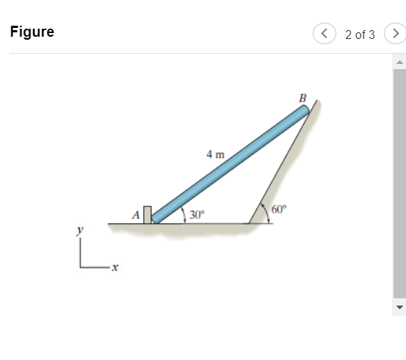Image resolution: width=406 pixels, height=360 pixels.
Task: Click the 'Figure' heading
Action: tap(32, 33)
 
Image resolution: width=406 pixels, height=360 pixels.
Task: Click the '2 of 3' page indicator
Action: tap(360, 34)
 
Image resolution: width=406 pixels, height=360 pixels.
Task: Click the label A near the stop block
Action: tap(135, 215)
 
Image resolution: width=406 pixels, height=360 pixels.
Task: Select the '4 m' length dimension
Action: tap(215, 154)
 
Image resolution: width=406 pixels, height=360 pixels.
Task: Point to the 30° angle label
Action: tap(197, 215)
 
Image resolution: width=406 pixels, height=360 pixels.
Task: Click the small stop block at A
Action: tap(148, 214)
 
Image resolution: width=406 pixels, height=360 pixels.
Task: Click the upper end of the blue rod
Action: tap(303, 110)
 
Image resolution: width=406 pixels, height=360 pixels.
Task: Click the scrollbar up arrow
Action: tap(399, 62)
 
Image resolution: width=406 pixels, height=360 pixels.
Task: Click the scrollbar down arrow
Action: tap(399, 306)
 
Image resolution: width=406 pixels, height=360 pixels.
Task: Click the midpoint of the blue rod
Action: tap(231, 163)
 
